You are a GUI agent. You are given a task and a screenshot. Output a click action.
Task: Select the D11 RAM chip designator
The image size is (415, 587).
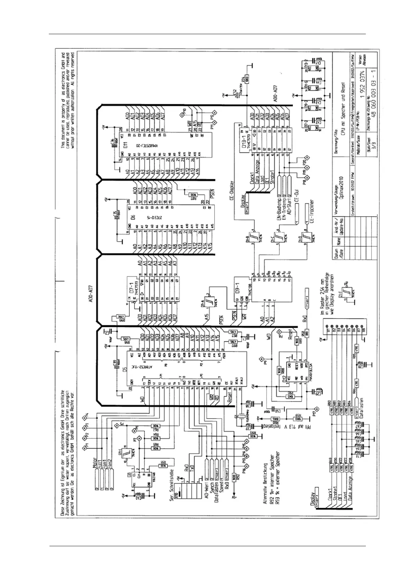(x=127, y=143)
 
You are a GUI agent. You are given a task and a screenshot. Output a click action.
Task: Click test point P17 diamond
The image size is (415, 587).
(x=317, y=407)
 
